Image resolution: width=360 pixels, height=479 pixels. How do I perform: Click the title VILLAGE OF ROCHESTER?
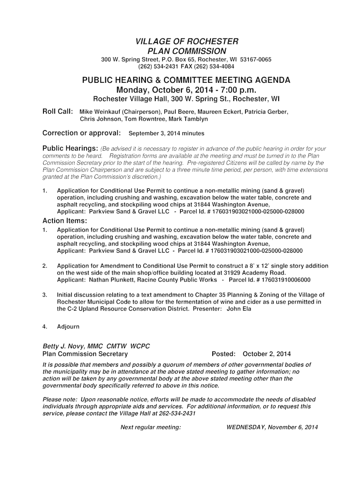[187, 41]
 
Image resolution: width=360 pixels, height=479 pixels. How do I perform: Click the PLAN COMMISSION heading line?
[187, 51]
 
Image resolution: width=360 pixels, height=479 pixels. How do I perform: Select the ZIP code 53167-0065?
[256, 60]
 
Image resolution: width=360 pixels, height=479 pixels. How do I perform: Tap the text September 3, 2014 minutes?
[166, 133]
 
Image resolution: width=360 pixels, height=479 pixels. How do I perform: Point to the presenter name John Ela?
[239, 309]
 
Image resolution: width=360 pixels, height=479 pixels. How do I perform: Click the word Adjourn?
[68, 327]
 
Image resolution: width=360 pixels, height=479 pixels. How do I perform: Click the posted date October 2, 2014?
[266, 354]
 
